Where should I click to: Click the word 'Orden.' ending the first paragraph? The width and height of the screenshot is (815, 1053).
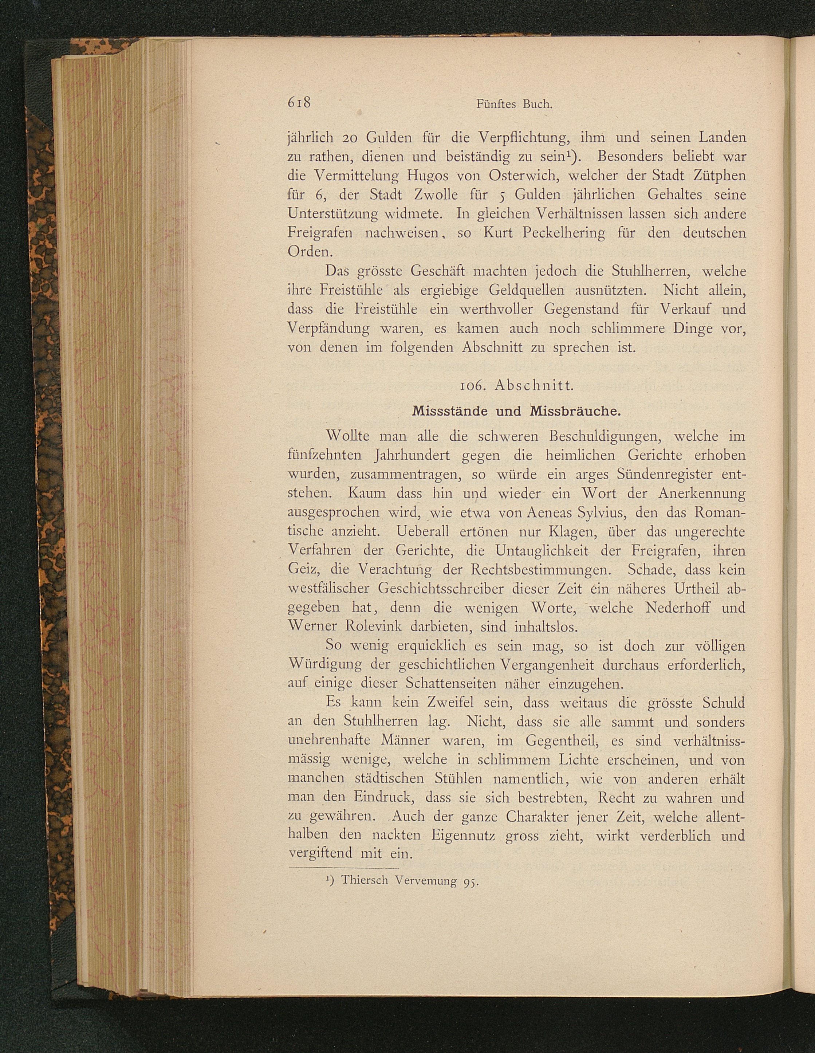point(307,252)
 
